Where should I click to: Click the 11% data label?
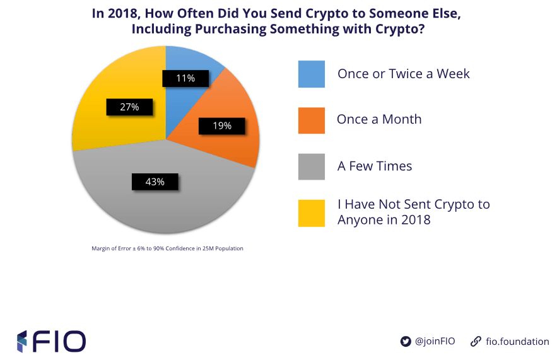coord(185,78)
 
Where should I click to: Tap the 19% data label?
coord(221,126)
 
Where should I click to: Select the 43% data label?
coord(155,182)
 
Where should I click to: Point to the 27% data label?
coord(129,107)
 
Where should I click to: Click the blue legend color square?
coord(312,74)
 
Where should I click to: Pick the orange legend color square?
coord(312,120)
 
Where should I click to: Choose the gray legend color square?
coord(312,167)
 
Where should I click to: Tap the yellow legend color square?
coord(312,213)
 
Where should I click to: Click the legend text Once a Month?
coord(379,119)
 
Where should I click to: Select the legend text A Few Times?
coord(375,166)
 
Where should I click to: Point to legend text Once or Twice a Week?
coord(404,74)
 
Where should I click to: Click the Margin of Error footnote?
coord(167,248)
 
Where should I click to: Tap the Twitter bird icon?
coord(406,341)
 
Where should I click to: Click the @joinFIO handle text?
coord(435,341)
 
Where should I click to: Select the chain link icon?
coord(476,341)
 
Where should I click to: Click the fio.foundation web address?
coord(518,341)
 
